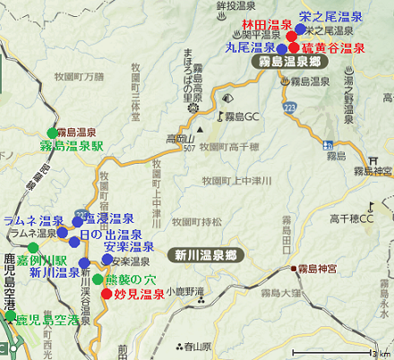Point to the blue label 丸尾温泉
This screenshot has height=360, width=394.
click(x=251, y=48)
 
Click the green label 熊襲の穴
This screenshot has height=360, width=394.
click(x=131, y=279)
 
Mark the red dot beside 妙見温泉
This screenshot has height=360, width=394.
click(x=107, y=293)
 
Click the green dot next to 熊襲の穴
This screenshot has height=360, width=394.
click(x=98, y=279)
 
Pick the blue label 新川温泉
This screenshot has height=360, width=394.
click(x=54, y=272)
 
